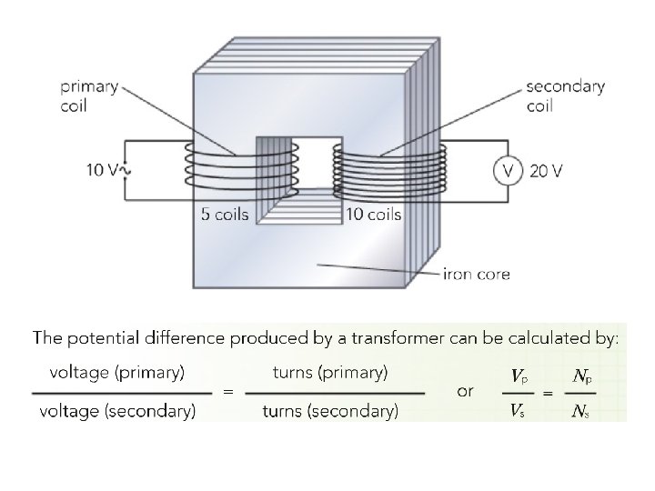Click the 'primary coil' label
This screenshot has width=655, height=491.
[90, 95]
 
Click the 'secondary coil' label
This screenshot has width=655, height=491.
[565, 95]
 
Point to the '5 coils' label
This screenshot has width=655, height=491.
[223, 215]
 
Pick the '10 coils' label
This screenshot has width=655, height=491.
[373, 215]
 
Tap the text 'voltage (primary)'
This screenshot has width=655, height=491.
[117, 372]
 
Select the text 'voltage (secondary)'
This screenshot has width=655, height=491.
[117, 412]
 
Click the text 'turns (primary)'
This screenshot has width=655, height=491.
[330, 372]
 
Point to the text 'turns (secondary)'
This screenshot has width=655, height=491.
[330, 412]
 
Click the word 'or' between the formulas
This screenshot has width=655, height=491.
[466, 391]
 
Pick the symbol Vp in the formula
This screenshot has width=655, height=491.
[518, 376]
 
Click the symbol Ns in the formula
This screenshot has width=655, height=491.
[579, 412]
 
